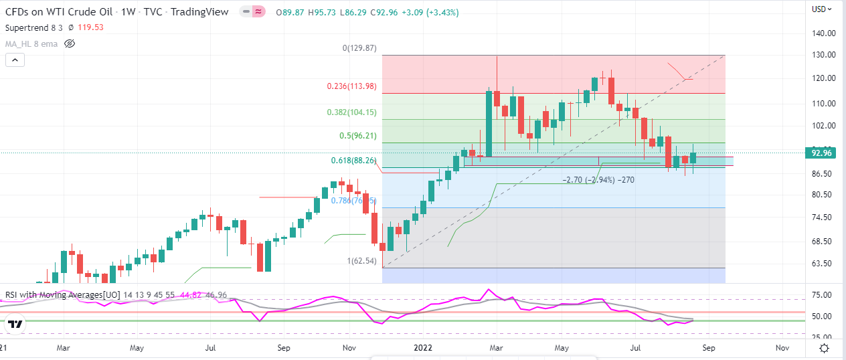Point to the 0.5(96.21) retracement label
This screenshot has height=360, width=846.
357,136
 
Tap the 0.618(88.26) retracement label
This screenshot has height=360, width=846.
353,161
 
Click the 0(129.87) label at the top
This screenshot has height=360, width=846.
359,48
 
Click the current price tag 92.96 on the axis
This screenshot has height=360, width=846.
821,153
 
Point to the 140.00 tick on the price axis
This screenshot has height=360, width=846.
823,33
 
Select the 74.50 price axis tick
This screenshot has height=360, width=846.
823,217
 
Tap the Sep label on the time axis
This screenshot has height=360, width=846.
708,348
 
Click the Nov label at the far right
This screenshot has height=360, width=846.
781,348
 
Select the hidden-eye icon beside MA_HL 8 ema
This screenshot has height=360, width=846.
70,43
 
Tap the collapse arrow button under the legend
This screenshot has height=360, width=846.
15,60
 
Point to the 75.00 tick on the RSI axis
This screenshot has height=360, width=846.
823,295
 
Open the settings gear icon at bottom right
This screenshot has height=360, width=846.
825,348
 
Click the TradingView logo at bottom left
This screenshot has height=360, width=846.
16,324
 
